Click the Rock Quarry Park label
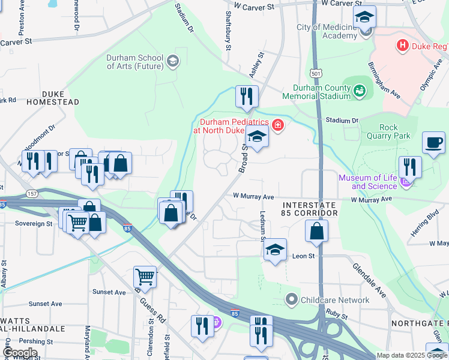point(395,131)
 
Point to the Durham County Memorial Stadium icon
point(360,91)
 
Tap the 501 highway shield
point(316,73)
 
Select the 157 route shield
point(32,194)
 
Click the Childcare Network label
point(336,300)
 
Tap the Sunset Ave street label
point(109,292)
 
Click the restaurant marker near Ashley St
point(247,96)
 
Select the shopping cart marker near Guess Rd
point(145,277)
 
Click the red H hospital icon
point(403,45)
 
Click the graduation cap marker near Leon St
point(275,250)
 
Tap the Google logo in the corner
point(20,353)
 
